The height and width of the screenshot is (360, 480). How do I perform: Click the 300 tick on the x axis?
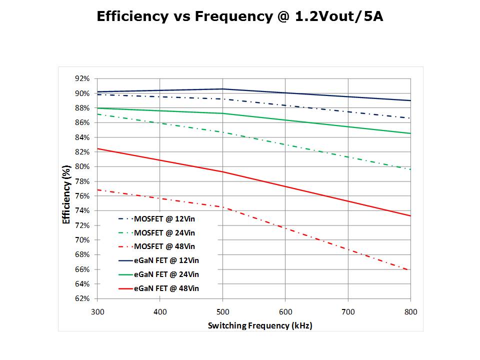pyautogui.click(x=96, y=311)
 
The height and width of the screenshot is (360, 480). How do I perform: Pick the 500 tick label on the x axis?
pyautogui.click(x=222, y=311)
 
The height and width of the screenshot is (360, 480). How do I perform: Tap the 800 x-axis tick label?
pyautogui.click(x=410, y=311)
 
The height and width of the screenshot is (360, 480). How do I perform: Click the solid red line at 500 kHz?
pyautogui.click(x=222, y=171)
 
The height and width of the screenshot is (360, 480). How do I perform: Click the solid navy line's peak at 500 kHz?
pyautogui.click(x=222, y=89)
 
